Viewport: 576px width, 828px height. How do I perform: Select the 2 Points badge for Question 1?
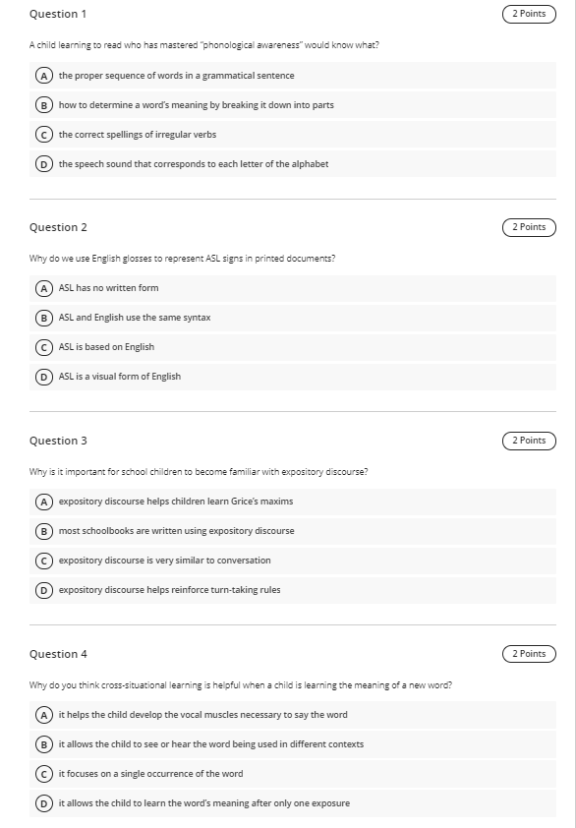529,14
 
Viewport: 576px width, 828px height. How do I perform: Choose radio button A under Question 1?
44,76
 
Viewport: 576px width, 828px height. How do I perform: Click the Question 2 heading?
58,227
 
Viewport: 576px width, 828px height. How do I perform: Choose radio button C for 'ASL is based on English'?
44,347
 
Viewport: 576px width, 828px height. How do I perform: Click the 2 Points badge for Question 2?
529,227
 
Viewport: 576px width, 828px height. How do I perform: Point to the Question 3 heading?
58,441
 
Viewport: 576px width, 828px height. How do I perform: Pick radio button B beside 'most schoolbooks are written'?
44,531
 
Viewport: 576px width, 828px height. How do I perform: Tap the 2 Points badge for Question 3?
529,441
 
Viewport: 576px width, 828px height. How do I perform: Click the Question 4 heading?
58,654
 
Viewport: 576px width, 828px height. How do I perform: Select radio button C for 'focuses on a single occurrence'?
44,774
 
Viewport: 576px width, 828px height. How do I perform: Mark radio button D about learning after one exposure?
44,803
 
